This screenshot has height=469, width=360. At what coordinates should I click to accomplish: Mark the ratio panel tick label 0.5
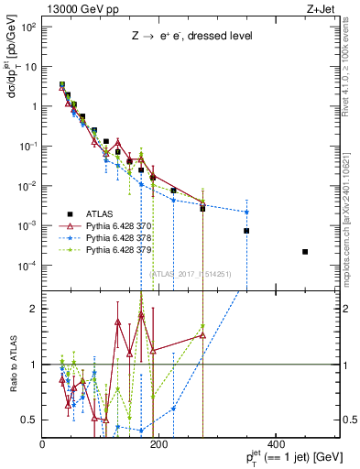(x=30, y=420)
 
